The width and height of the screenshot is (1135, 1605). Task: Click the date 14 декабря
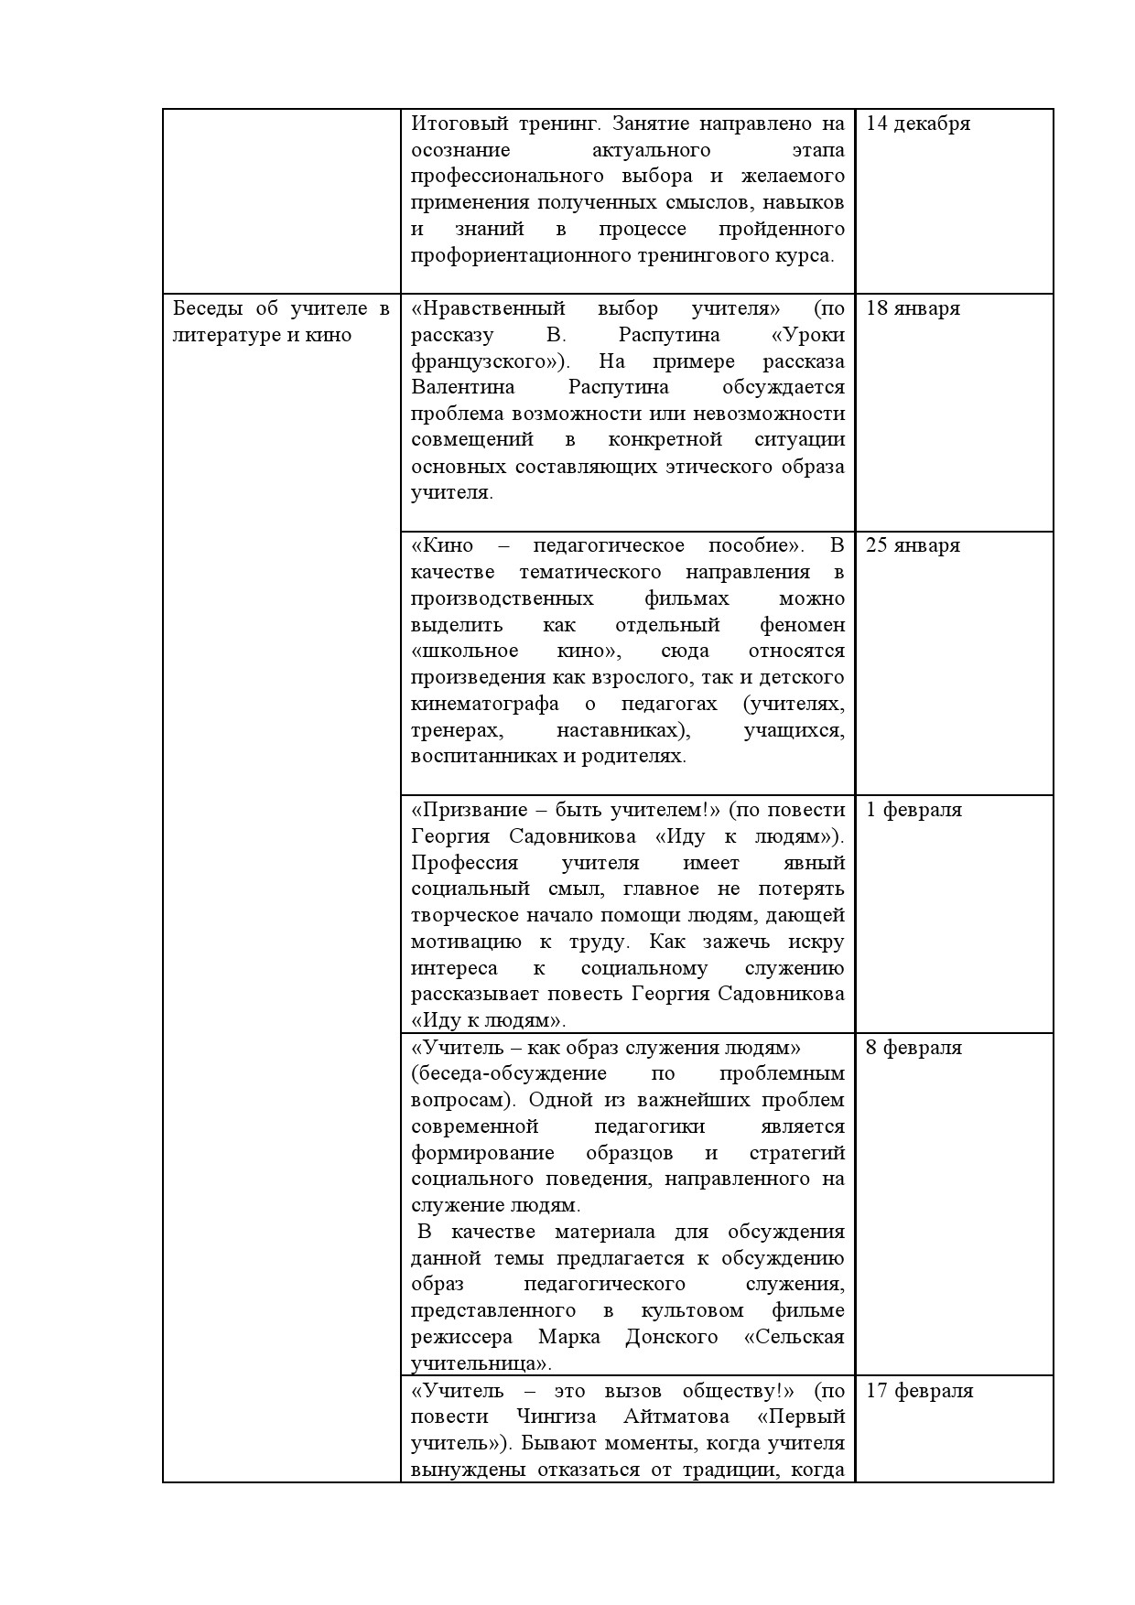pos(917,124)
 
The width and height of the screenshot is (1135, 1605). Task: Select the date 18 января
pos(913,308)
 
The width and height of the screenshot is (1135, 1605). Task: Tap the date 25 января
pos(913,545)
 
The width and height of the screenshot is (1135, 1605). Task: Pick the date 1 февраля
pos(913,810)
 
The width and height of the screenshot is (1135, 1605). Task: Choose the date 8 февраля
pos(913,1048)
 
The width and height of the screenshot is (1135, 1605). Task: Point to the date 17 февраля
pos(919,1391)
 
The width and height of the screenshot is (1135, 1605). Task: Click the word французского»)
pos(484,361)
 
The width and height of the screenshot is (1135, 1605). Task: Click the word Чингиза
pos(556,1416)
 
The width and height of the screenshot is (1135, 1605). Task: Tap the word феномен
pos(802,625)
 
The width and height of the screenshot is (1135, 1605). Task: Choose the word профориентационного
pos(520,255)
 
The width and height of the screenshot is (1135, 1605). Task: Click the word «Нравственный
pos(488,308)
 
